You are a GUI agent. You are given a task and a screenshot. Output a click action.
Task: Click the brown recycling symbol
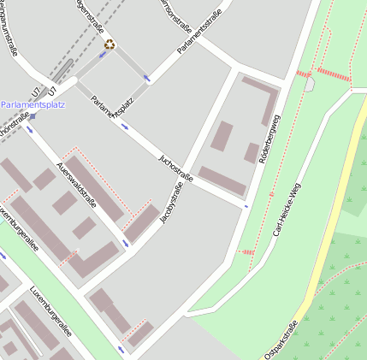(x=110, y=44)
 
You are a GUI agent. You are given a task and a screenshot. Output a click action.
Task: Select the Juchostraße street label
(x=177, y=168)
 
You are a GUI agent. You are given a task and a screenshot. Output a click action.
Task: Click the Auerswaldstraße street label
(x=74, y=180)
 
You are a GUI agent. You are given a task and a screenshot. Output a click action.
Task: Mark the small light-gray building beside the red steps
(x=309, y=84)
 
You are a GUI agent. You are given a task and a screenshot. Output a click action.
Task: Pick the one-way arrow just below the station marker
(x=31, y=130)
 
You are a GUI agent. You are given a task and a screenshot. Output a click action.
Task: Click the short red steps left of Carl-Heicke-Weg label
(x=246, y=251)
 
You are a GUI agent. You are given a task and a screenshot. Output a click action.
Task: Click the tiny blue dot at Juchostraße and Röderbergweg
(x=246, y=206)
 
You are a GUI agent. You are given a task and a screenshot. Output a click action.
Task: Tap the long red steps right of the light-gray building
(x=333, y=74)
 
